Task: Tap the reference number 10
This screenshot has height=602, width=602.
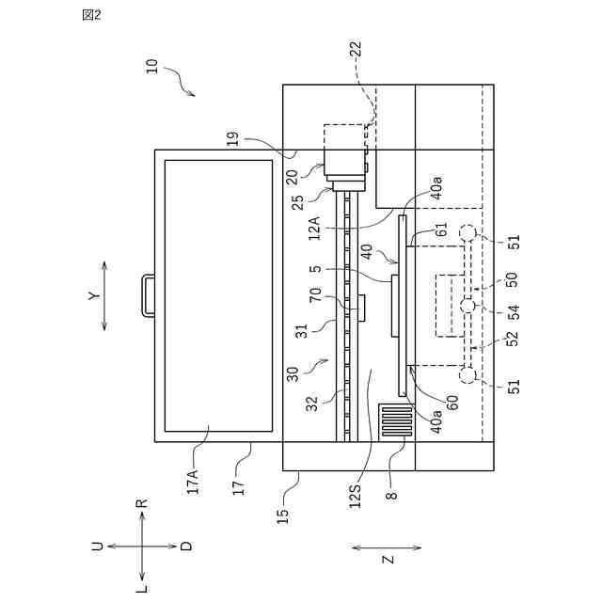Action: click(152, 68)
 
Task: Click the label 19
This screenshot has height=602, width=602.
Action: click(232, 140)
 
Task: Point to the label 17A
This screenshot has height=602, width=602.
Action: click(193, 482)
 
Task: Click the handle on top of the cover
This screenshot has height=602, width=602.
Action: click(149, 294)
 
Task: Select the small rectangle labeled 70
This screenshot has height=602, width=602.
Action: click(361, 307)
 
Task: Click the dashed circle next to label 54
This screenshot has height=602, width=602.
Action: click(467, 306)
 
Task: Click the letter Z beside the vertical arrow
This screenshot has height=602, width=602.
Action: click(387, 559)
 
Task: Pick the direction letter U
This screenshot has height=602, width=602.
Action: click(97, 546)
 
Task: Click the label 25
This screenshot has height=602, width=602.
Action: click(297, 199)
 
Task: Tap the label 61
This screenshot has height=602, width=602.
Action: click(441, 230)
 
